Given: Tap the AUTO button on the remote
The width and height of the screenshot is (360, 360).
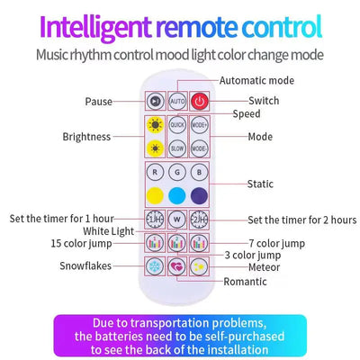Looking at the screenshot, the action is pos(177,101).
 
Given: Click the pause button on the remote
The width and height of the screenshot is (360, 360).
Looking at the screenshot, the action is pos(155,101).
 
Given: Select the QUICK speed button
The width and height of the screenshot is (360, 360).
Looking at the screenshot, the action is pos(177,125).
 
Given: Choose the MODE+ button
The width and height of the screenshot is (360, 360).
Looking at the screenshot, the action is pos(200,125).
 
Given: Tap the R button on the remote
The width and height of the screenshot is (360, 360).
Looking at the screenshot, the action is pos(155,173).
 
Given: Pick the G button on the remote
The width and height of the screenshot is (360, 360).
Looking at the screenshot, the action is pos(177,173).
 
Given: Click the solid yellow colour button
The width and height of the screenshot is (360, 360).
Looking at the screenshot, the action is pos(155,196).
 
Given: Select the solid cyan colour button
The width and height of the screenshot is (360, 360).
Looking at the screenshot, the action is pos(177,196).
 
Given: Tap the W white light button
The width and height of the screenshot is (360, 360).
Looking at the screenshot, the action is pos(177,220).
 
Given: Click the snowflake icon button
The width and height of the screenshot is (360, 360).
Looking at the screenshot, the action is pos(155,266).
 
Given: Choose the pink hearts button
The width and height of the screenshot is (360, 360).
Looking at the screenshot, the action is pos(177,266).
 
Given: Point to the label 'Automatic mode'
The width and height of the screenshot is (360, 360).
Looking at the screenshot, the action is pos(256,81).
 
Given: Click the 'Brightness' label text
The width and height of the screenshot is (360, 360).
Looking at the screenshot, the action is pos(86,137).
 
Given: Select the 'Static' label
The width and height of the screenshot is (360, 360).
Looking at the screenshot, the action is pos(260,184).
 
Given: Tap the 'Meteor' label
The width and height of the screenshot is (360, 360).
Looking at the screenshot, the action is pos(264,267).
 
